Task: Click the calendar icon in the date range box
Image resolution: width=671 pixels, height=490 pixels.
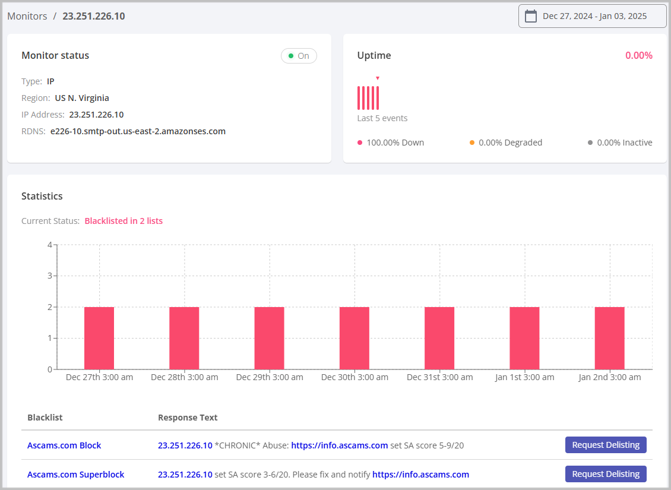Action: click(531, 16)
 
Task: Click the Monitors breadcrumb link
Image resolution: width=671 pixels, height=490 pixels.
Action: click(27, 17)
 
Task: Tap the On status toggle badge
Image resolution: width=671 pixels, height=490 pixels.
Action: click(299, 56)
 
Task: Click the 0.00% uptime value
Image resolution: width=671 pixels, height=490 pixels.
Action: click(638, 56)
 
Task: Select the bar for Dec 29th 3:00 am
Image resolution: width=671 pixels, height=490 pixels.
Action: click(269, 338)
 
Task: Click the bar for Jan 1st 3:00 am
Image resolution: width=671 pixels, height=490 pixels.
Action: click(524, 338)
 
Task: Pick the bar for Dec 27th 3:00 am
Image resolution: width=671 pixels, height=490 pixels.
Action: click(99, 338)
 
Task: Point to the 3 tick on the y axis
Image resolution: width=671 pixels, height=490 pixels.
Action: click(50, 276)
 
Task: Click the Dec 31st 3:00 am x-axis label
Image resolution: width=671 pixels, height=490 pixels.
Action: click(439, 377)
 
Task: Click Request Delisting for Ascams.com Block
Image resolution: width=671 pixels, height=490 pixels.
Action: click(605, 445)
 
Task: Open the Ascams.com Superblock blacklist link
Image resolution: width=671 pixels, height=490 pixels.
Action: click(75, 475)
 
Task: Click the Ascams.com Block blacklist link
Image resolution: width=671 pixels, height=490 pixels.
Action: click(64, 445)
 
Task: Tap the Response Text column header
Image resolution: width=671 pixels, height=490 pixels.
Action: click(188, 418)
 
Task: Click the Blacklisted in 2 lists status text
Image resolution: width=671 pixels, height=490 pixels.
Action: click(124, 221)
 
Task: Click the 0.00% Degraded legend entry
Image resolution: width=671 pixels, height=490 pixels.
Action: click(510, 143)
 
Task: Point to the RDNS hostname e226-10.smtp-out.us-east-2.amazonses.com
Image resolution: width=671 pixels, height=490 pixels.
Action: click(138, 131)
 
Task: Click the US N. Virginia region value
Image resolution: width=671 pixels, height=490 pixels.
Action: click(82, 98)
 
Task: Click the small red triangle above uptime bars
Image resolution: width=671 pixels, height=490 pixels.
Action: click(377, 78)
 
